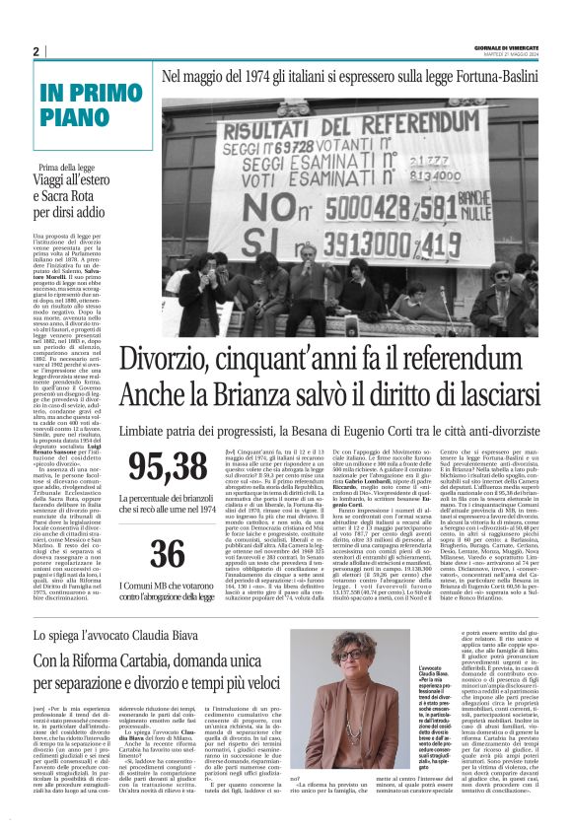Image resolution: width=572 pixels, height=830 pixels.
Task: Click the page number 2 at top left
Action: (x=36, y=51)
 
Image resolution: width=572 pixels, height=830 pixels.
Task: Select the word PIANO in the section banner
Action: (x=76, y=119)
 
